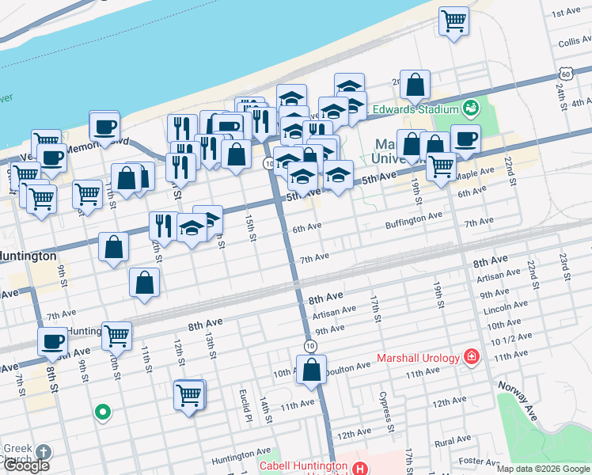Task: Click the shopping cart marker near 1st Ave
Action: pos(453,21)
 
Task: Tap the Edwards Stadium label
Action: pos(427,109)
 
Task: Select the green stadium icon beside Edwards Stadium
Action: pos(472,107)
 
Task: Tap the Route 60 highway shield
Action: pos(565,74)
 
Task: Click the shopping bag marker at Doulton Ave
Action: pos(312,370)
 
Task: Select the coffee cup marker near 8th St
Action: pos(53,342)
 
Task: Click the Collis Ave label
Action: pos(575,42)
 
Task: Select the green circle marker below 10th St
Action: pos(101,412)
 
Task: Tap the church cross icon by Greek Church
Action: pos(44,453)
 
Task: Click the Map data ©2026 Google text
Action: pos(542,469)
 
